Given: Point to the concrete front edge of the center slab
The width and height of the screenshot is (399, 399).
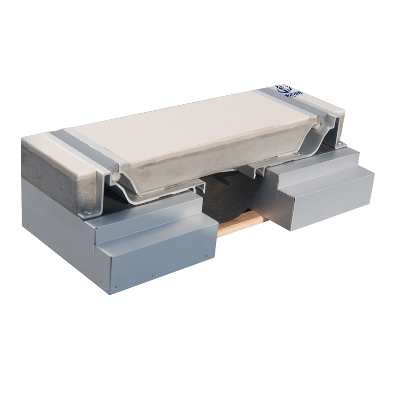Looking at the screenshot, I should [176, 173].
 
